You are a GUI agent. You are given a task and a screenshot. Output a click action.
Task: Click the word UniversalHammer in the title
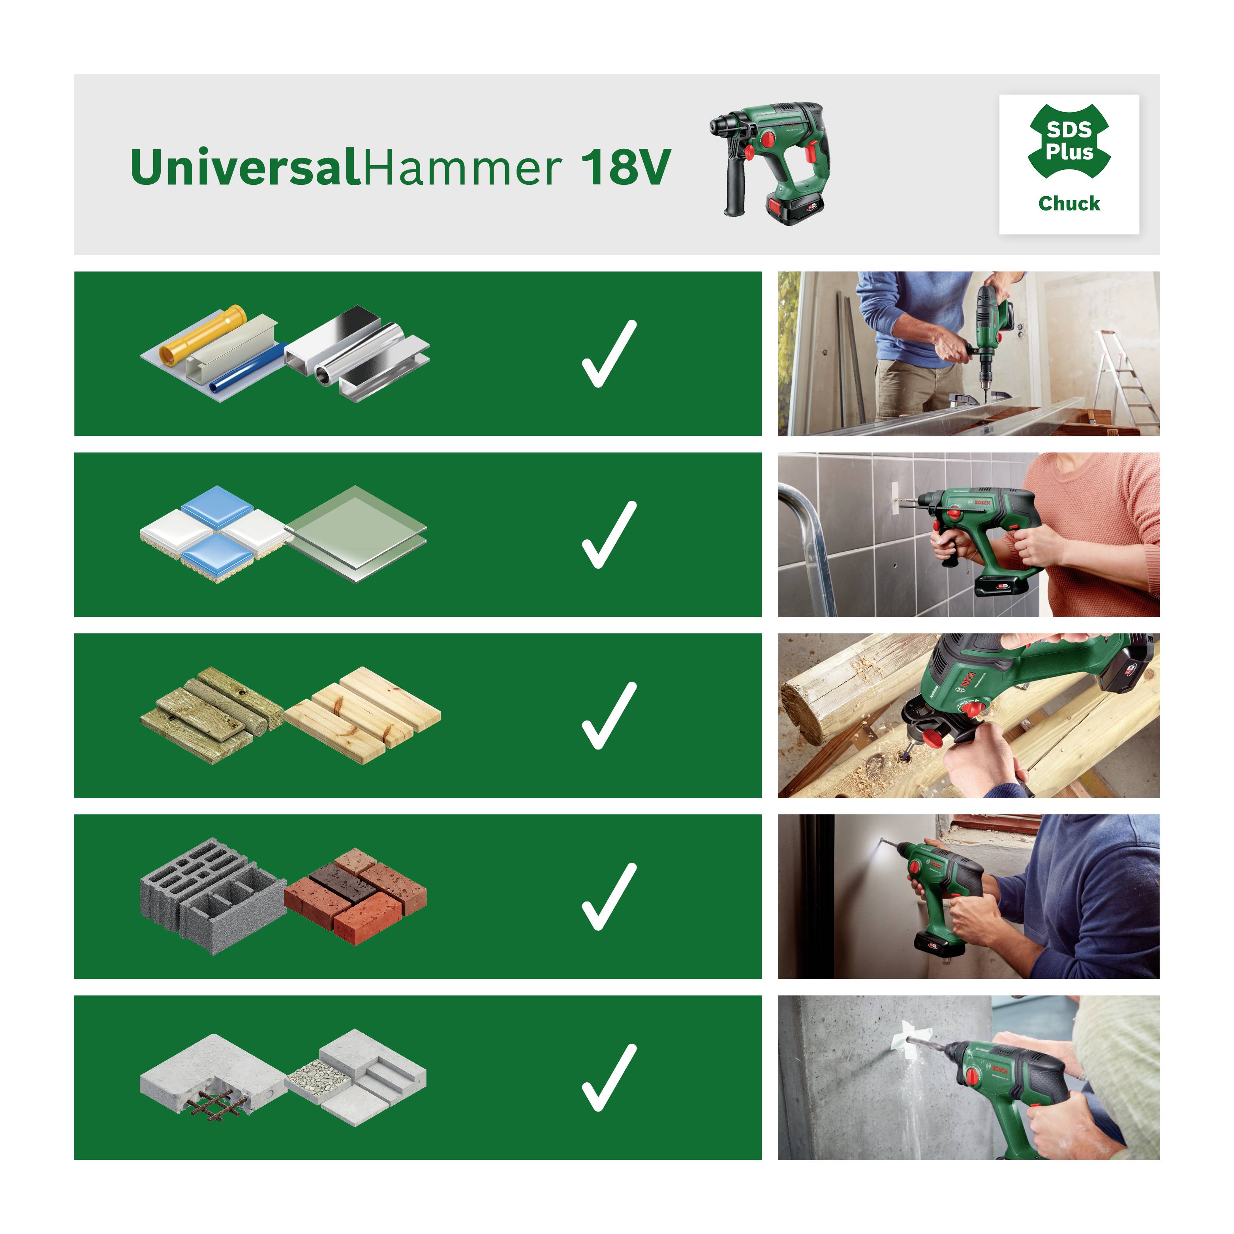click(x=345, y=167)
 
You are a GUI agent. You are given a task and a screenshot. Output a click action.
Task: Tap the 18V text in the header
click(x=626, y=167)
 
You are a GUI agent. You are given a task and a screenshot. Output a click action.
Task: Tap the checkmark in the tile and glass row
click(x=609, y=535)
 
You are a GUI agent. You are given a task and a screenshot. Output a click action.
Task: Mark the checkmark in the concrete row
click(x=609, y=1078)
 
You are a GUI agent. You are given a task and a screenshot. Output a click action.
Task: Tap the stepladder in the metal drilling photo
click(x=1124, y=377)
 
